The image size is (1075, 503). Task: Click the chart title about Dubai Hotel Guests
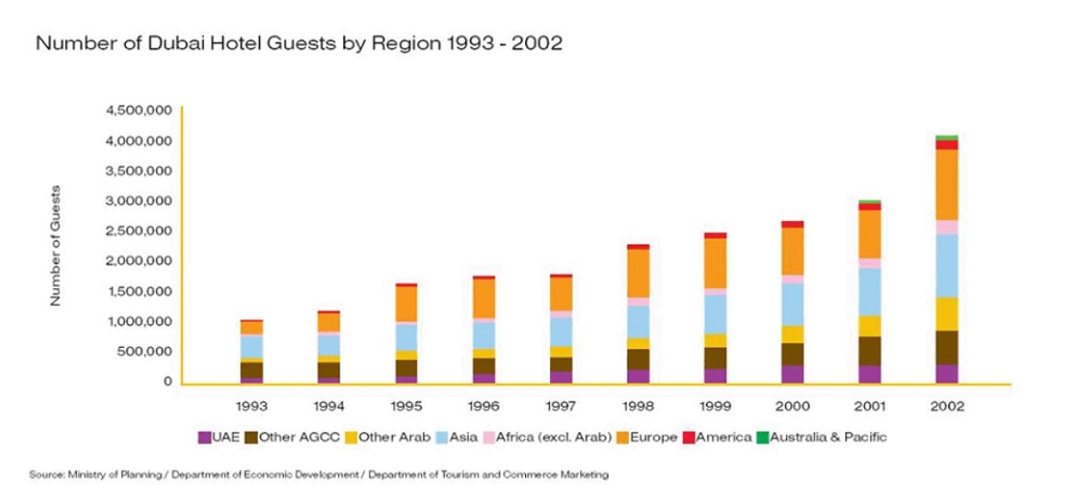[x=298, y=43]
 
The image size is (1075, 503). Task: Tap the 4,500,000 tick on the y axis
[x=139, y=110]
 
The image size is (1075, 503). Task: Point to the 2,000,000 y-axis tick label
[x=139, y=261]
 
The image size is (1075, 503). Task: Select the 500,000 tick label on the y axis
[x=145, y=351]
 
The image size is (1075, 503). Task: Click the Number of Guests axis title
[x=56, y=246]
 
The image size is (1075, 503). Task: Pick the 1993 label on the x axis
[x=252, y=406]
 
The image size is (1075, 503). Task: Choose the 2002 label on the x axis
[x=946, y=406]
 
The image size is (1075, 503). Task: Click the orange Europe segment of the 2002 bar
[x=946, y=184]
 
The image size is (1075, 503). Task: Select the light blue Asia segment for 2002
[x=946, y=265]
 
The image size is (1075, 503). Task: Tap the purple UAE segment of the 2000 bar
[x=792, y=374]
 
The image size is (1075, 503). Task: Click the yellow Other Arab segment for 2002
[x=946, y=314]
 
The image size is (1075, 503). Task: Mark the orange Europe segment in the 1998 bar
[x=638, y=273]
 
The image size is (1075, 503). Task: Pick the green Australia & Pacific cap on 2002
[x=946, y=137]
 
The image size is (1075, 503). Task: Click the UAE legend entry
[x=220, y=437]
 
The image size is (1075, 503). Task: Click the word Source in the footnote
[x=45, y=475]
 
